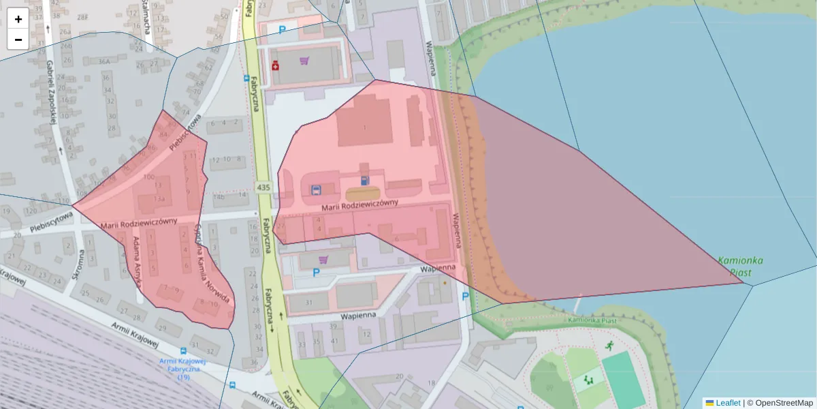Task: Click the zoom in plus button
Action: [x=18, y=18]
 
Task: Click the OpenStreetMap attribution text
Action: [x=784, y=403]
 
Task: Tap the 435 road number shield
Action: [x=263, y=187]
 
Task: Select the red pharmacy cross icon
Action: [x=275, y=66]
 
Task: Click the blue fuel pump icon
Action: [x=365, y=181]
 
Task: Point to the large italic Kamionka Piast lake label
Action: [x=740, y=266]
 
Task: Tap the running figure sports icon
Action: [x=608, y=346]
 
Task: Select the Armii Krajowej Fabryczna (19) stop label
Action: [x=183, y=369]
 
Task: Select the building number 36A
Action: [x=104, y=61]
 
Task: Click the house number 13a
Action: [x=159, y=198]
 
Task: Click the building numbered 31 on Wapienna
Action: [x=308, y=303]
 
